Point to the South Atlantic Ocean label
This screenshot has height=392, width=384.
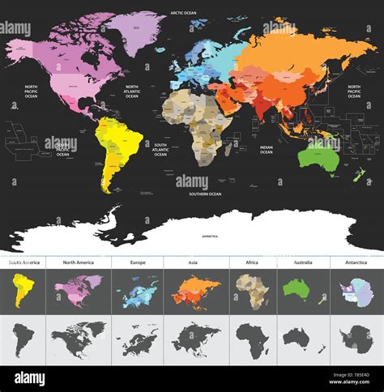160,149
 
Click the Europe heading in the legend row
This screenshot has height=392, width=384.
134,262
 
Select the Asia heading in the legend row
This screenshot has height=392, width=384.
192,262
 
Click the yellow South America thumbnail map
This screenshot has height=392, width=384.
23,290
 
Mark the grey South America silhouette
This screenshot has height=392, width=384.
23,339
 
